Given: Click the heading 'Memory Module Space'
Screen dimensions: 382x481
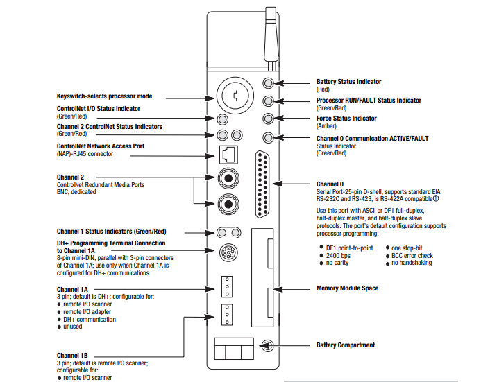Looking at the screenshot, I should click(x=347, y=288).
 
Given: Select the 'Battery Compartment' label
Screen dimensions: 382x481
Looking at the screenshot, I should click(x=346, y=345).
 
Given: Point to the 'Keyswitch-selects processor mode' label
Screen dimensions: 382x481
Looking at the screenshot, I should click(x=104, y=96).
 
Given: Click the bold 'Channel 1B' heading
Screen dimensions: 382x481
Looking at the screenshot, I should click(x=72, y=355).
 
